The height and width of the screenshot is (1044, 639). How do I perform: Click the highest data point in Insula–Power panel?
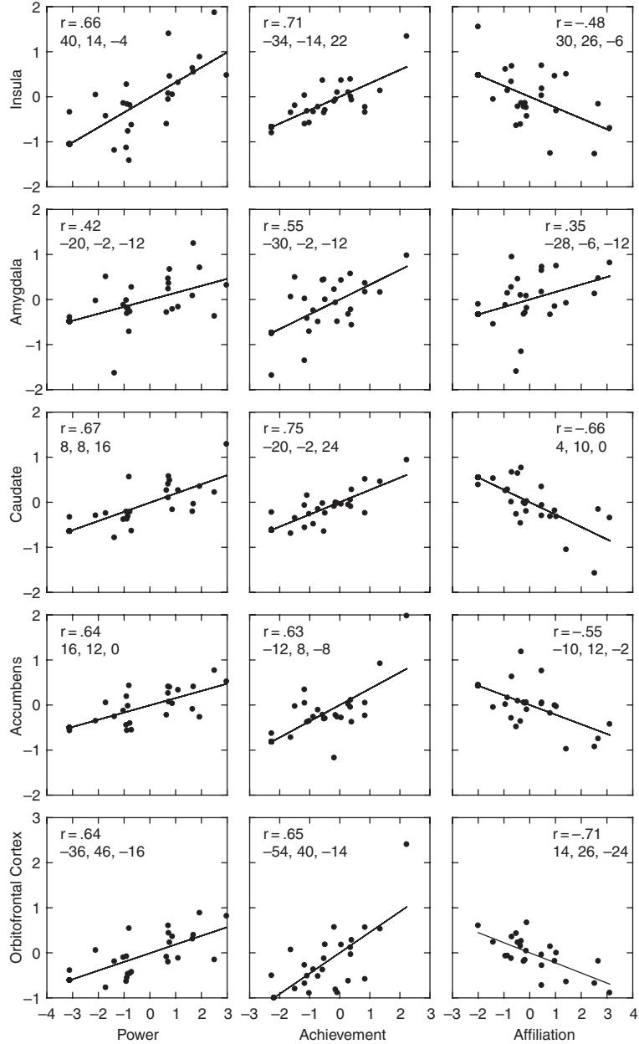click(x=214, y=13)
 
